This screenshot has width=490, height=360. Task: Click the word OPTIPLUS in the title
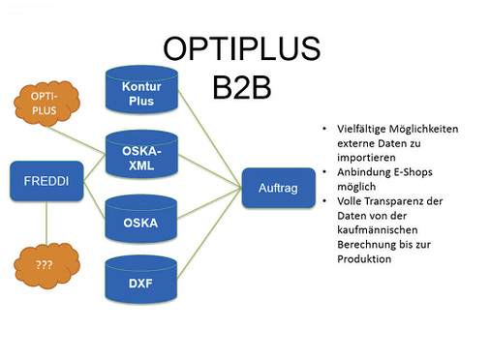click(x=241, y=48)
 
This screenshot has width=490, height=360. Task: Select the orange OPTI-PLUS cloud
click(x=45, y=104)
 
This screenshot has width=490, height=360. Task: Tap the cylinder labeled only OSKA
click(x=141, y=222)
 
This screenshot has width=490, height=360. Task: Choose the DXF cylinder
click(x=141, y=283)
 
